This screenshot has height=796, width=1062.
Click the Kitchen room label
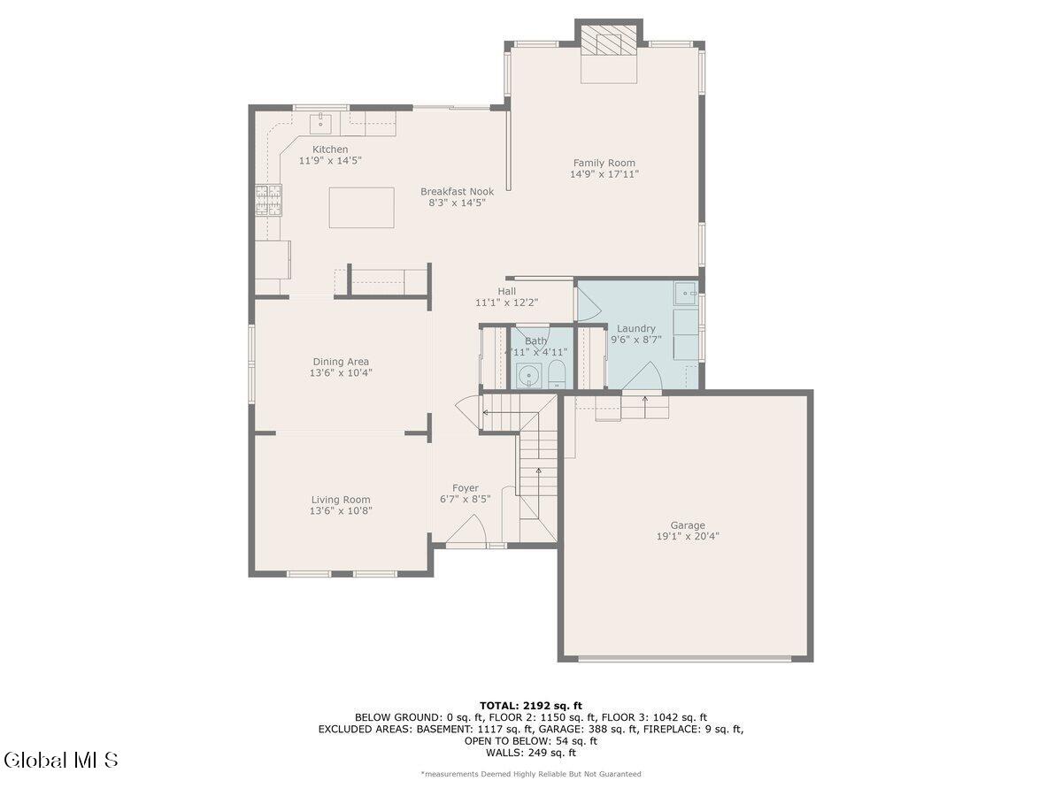click(329, 149)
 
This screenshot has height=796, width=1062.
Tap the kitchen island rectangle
click(361, 208)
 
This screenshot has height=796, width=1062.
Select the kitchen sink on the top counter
click(319, 122)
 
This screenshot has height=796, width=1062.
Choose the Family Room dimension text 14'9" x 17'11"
click(604, 174)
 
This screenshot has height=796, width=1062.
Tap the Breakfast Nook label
click(457, 191)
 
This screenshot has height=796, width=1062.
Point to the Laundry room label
click(636, 328)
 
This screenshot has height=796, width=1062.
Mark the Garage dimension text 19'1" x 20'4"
click(688, 536)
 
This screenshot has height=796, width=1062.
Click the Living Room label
click(341, 500)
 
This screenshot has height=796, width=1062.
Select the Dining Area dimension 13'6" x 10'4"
click(341, 372)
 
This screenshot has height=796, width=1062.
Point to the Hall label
click(506, 291)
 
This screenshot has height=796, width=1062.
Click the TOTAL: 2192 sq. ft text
click(530, 705)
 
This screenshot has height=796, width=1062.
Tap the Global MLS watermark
click(60, 760)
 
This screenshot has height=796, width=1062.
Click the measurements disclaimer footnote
click(530, 774)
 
